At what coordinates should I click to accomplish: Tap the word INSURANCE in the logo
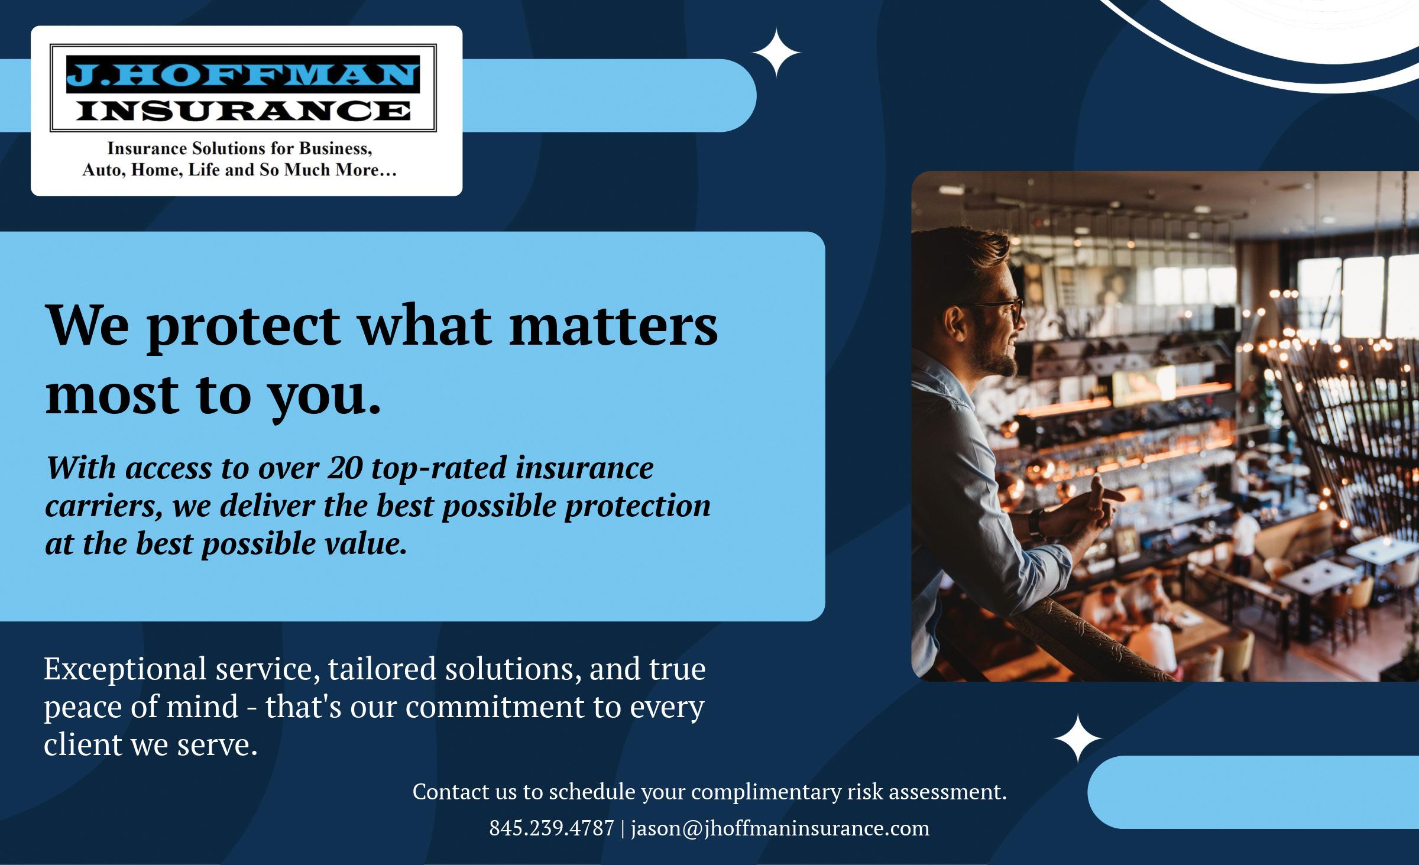pos(243,111)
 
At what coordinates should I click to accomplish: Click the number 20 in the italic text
pos(345,469)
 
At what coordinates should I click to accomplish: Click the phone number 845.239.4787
pos(552,828)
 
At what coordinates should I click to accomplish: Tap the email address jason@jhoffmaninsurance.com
pos(780,829)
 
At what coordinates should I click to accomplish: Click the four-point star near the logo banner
pos(776,54)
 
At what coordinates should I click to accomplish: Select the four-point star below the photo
pos(1078,738)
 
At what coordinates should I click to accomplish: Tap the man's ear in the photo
pos(954,323)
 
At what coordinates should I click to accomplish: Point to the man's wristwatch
pos(1036,523)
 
